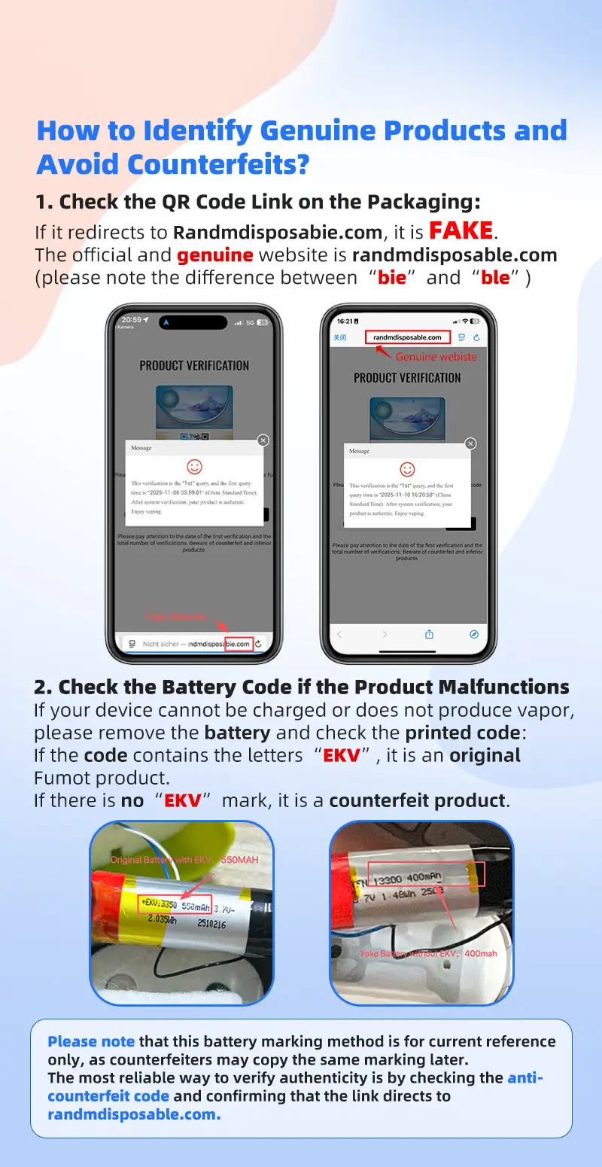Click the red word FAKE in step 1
coord(461,230)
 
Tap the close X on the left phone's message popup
coord(263,440)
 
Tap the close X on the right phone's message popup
coord(470,443)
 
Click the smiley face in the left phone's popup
coord(194,467)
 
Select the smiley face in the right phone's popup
coord(407,470)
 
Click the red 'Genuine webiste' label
coord(436,357)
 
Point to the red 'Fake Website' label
coord(175,617)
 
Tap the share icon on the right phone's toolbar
coord(429,634)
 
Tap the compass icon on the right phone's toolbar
coord(473,634)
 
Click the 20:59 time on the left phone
coord(131,321)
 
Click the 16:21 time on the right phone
coord(345,321)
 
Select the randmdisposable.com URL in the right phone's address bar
coord(407,337)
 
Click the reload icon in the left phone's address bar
coord(259,644)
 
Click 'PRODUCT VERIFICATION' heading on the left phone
coord(194,366)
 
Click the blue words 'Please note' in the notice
coord(91,1041)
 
